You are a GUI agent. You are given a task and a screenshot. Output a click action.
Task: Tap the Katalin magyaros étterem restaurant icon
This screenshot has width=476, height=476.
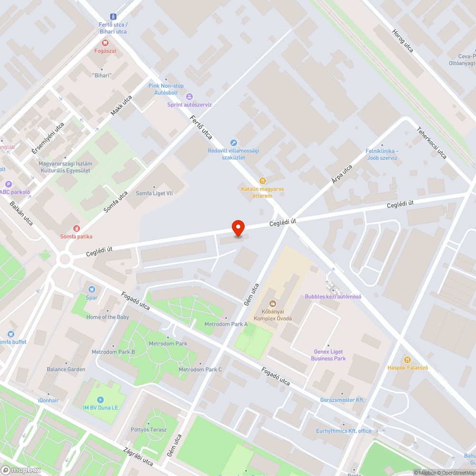[262, 181]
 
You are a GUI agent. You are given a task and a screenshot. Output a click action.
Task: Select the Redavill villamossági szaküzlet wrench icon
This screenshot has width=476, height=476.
[233, 142]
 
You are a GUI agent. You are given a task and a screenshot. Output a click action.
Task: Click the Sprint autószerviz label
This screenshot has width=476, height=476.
[189, 105]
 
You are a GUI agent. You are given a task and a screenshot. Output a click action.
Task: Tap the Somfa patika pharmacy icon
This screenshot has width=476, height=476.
[76, 229]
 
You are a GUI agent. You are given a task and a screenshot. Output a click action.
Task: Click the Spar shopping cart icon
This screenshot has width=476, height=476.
[92, 289]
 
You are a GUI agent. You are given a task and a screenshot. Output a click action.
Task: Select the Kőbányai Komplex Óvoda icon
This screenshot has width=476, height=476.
[273, 303]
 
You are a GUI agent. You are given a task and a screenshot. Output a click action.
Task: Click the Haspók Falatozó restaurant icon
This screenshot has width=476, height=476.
[407, 359]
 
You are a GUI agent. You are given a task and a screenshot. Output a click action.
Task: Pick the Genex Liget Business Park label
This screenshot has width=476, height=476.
[328, 355]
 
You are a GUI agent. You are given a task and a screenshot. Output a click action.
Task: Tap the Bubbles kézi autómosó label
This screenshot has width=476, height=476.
[333, 297]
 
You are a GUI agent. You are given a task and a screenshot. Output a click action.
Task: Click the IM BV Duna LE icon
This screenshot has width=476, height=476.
[100, 399]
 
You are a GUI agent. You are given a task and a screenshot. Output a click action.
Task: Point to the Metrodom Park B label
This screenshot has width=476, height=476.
[113, 352]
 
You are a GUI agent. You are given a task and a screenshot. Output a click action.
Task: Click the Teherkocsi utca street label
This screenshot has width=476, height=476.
[432, 142]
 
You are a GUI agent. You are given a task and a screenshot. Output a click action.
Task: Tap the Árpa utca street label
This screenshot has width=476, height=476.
[342, 175]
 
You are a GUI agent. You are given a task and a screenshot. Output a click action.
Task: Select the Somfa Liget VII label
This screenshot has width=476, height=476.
[154, 193]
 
